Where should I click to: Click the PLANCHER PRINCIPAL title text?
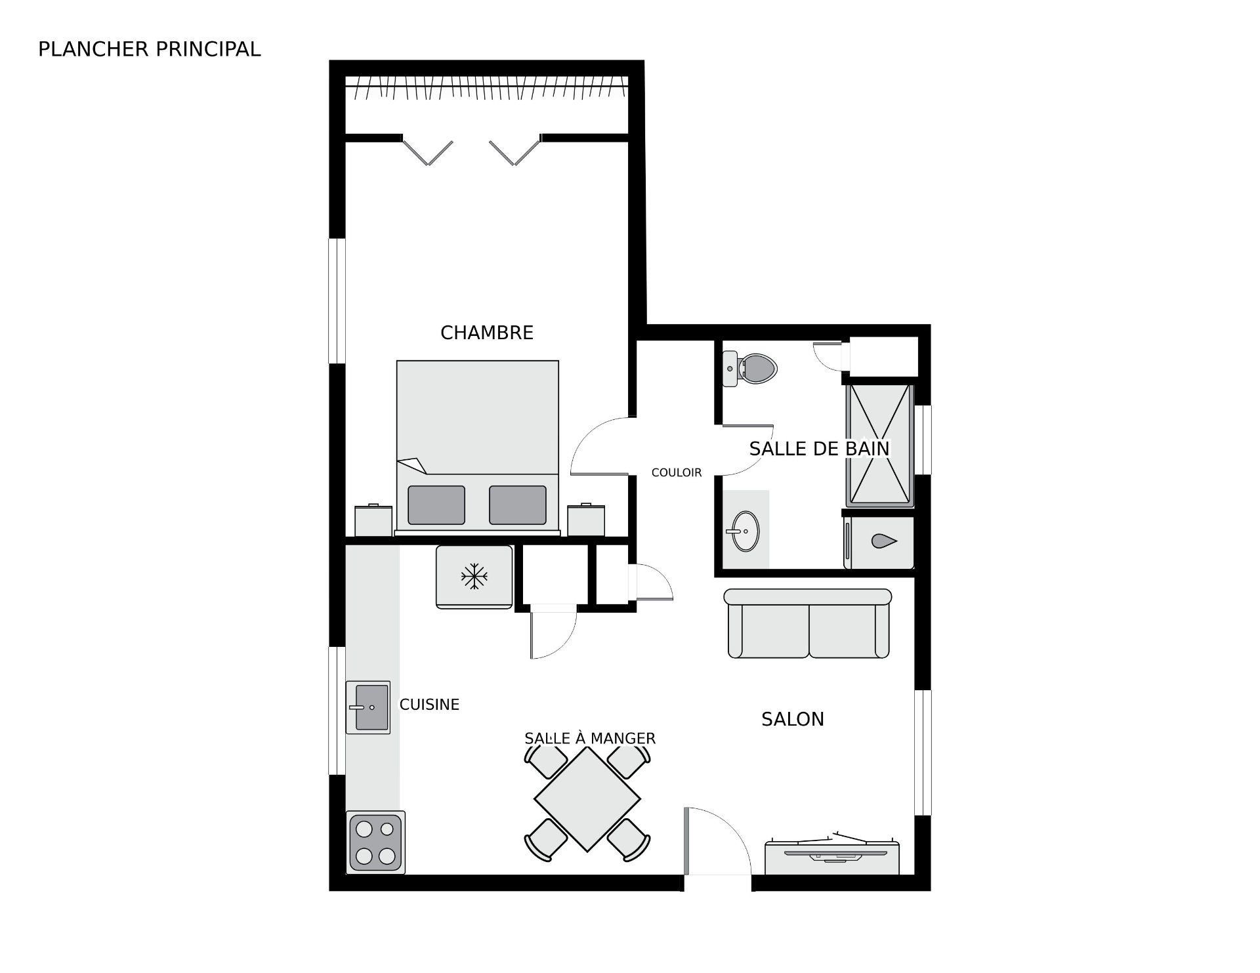click(149, 49)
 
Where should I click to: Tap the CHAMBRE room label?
click(486, 333)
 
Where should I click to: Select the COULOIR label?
click(676, 472)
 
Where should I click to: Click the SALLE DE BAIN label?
click(818, 449)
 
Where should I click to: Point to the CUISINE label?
click(429, 705)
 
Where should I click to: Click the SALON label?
click(792, 719)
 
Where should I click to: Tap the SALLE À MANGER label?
click(589, 739)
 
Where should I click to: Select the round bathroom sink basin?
click(745, 531)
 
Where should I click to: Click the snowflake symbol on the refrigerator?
click(474, 577)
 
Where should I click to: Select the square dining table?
click(587, 799)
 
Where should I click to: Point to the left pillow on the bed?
click(436, 505)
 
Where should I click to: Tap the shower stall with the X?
click(879, 445)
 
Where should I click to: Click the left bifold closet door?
click(427, 152)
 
